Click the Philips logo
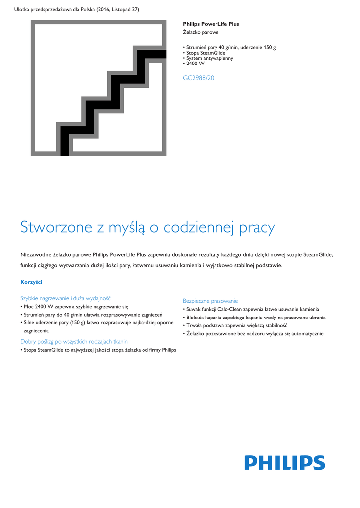click(x=285, y=463)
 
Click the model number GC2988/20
click(x=199, y=78)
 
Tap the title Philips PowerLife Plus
click(x=211, y=24)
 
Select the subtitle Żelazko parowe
click(x=201, y=32)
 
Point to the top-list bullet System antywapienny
click(x=210, y=58)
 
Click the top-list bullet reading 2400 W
click(x=195, y=63)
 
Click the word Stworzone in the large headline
click(x=56, y=227)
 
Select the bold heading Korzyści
click(x=31, y=282)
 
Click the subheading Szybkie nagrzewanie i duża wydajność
click(x=65, y=298)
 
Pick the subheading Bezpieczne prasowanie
click(x=210, y=301)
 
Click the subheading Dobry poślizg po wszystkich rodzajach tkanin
click(x=73, y=341)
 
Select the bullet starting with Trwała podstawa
click(x=236, y=325)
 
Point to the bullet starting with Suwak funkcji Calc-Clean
click(x=252, y=309)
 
